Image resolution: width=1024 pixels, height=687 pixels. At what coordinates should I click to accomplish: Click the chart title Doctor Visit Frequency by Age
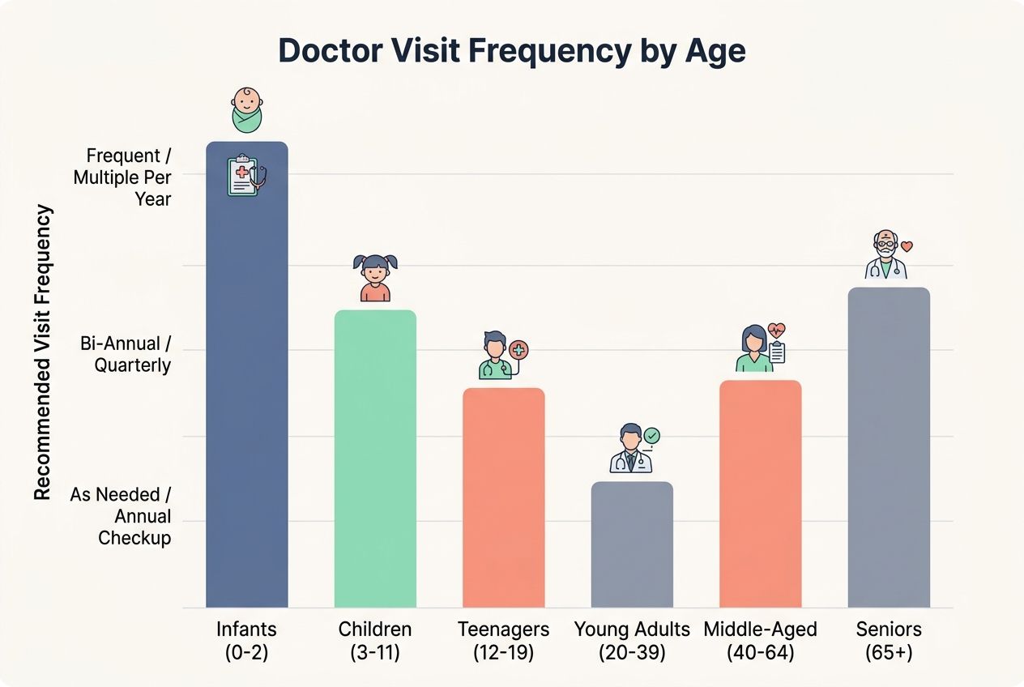coord(511,50)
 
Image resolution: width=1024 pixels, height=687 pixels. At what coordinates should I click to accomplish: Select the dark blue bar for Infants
coord(246,389)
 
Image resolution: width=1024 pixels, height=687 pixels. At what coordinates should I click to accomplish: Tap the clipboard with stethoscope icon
coord(246,176)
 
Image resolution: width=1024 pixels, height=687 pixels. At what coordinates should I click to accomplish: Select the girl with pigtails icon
coord(375,278)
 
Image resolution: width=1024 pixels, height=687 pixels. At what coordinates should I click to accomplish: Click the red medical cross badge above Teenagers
coord(519,349)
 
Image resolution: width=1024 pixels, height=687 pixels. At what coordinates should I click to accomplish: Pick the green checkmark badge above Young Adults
coord(651,436)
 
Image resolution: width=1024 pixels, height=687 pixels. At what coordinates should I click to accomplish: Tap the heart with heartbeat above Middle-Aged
coord(777,330)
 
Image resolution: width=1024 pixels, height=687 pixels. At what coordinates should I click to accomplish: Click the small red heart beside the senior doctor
coord(907,245)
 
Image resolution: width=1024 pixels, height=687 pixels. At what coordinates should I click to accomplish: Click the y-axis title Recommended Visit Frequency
coord(43,352)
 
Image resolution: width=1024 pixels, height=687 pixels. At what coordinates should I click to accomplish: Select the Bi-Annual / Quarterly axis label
coord(126,354)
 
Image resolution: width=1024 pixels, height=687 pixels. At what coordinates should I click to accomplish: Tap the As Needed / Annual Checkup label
coord(121,516)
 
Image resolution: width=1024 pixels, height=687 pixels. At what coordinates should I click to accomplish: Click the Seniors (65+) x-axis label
coord(889,640)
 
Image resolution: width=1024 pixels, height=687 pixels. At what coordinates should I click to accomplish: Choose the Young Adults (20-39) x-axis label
coord(632,640)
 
